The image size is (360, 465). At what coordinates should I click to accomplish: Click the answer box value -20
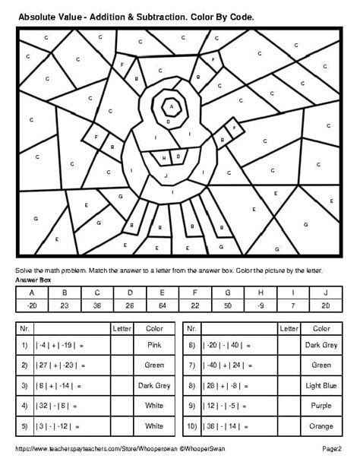coord(32,305)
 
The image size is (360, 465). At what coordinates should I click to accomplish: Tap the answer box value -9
coord(261,305)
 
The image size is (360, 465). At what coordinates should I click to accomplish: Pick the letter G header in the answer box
coord(228,293)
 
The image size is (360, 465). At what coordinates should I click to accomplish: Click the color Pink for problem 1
coord(153,344)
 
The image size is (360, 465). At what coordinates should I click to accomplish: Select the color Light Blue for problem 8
coord(321,385)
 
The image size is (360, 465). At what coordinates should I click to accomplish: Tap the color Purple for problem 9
coord(321,406)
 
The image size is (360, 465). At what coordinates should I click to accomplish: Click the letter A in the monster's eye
coord(173,107)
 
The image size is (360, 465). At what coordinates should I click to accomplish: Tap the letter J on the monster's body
coord(166,175)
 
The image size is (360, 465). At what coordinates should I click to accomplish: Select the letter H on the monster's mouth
coord(166,157)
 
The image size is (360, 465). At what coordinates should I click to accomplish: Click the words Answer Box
coord(32,280)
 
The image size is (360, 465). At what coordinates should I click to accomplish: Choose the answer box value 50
coord(228,305)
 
